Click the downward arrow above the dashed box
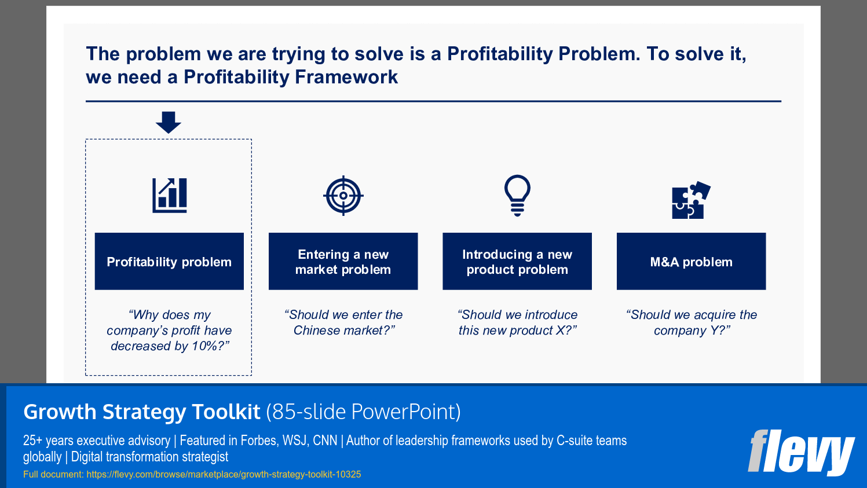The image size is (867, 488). pyautogui.click(x=169, y=122)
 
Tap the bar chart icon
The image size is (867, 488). pyautogui.click(x=170, y=195)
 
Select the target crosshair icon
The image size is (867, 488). pyautogui.click(x=343, y=196)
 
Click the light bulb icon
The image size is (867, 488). pyautogui.click(x=517, y=195)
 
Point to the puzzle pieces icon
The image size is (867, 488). pyautogui.click(x=690, y=200)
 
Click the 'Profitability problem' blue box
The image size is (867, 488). pyautogui.click(x=169, y=262)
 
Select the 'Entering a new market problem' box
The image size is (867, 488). pyautogui.click(x=343, y=262)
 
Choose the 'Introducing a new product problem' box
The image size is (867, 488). pyautogui.click(x=517, y=262)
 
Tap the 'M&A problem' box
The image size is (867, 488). pyautogui.click(x=691, y=262)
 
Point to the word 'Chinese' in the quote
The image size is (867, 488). pyautogui.click(x=316, y=331)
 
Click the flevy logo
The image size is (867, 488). pyautogui.click(x=801, y=452)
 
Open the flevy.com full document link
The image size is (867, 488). pyautogui.click(x=224, y=475)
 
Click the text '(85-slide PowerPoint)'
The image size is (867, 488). pyautogui.click(x=363, y=412)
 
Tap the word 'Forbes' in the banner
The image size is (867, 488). pyautogui.click(x=258, y=441)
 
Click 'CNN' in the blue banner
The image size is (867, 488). pyautogui.click(x=325, y=441)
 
